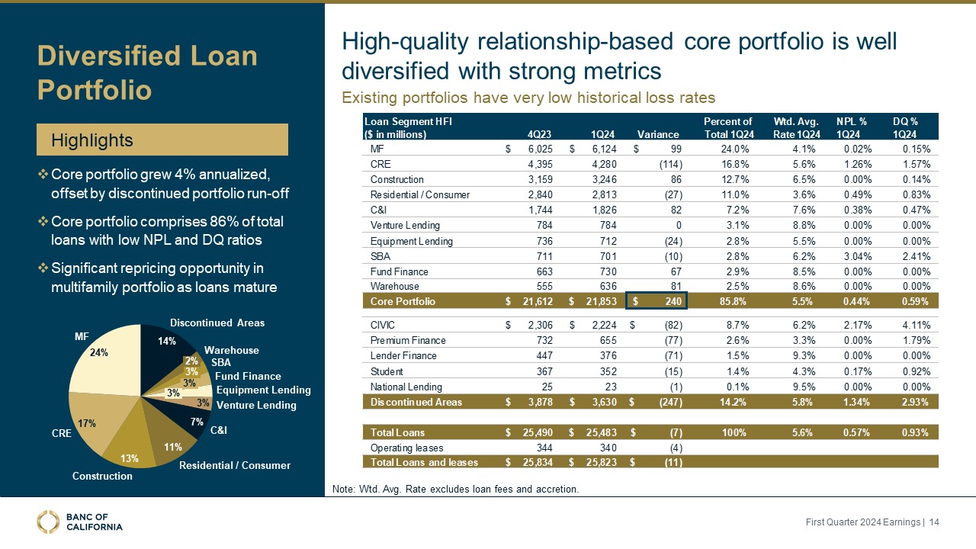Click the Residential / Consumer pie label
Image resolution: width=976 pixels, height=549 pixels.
pyautogui.click(x=235, y=465)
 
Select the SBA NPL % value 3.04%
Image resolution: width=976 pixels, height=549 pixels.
pyautogui.click(x=851, y=256)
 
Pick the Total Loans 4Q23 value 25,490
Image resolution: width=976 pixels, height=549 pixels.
pyautogui.click(x=537, y=433)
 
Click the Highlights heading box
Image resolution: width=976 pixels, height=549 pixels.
pyautogui.click(x=163, y=140)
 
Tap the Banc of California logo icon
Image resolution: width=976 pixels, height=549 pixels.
pyautogui.click(x=48, y=522)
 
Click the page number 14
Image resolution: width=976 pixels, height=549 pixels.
pyautogui.click(x=933, y=522)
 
